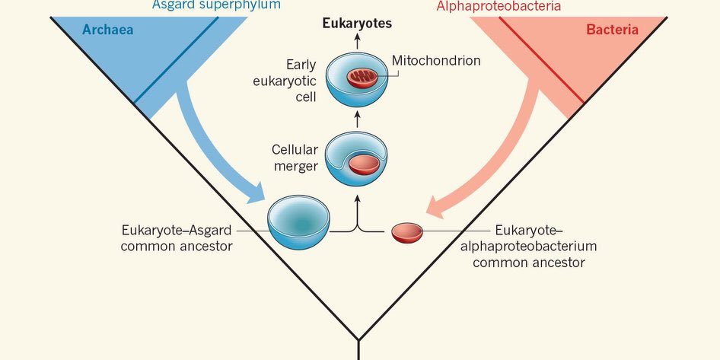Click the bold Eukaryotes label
click(357, 24)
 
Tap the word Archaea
click(104, 30)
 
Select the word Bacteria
click(612, 30)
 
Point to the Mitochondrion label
click(436, 60)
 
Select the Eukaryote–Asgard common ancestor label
click(176, 237)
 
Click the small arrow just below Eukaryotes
click(357, 41)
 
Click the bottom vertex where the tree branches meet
click(358, 340)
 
